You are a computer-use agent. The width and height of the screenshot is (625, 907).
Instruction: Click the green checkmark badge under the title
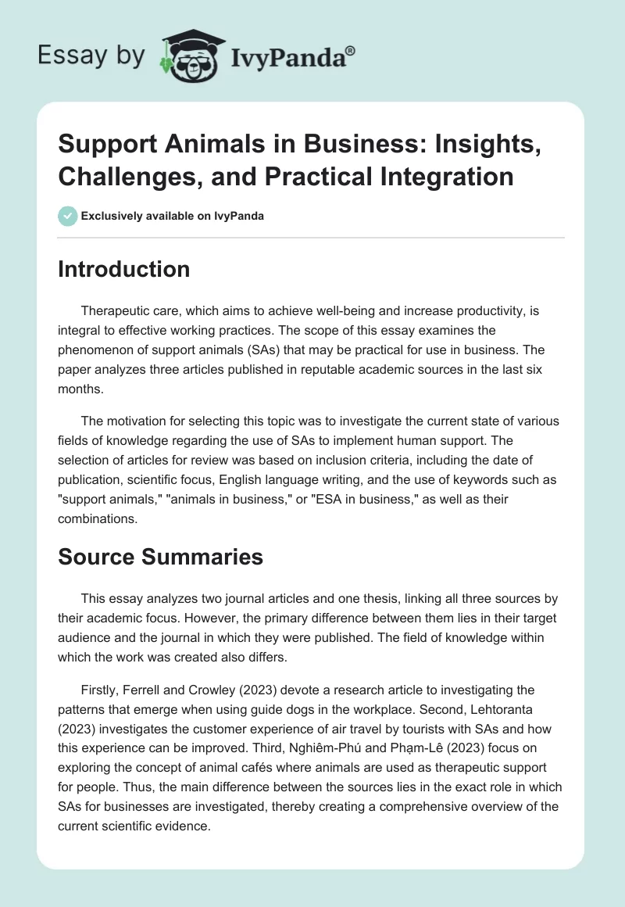pos(68,216)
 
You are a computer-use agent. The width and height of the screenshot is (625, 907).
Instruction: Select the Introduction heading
pos(124,269)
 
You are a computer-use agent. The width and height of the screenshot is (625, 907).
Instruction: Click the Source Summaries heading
pos(161,557)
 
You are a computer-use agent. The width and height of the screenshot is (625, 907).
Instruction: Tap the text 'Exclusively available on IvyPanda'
pos(172,216)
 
